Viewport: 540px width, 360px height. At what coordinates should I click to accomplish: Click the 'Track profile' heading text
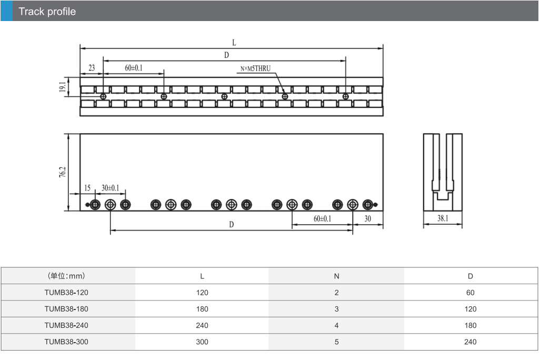tap(47, 12)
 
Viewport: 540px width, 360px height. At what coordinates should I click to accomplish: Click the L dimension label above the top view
tap(234, 43)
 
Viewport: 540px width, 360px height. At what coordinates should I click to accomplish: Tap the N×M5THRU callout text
tap(256, 68)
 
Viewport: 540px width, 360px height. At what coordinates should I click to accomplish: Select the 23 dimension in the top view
tap(92, 68)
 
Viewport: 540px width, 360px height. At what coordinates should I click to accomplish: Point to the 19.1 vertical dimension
tap(62, 87)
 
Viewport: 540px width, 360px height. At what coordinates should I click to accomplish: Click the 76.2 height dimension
tap(62, 172)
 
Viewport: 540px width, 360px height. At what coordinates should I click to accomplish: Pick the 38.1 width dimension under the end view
tap(443, 218)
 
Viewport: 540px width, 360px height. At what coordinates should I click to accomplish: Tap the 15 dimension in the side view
tap(87, 188)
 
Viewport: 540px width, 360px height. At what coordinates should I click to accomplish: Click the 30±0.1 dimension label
tap(110, 188)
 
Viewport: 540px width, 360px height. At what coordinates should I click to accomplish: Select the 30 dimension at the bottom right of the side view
tap(368, 218)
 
